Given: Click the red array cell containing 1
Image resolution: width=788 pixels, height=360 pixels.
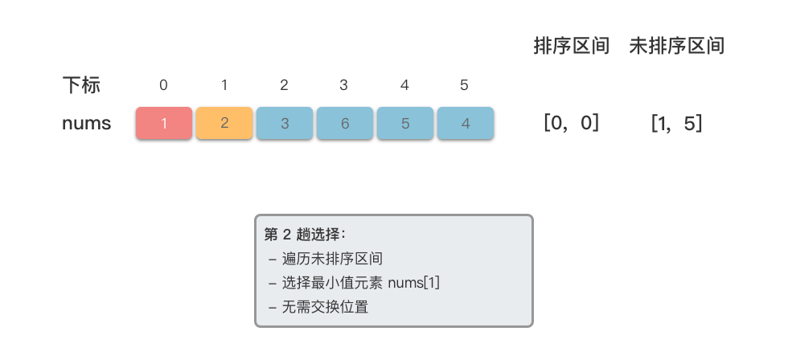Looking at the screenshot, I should point(164,124).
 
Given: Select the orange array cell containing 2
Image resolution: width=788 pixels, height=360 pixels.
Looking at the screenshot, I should point(224,124).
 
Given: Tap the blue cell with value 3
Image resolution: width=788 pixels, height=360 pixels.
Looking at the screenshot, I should point(285,124).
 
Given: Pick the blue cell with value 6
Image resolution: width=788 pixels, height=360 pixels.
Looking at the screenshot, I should point(345,124).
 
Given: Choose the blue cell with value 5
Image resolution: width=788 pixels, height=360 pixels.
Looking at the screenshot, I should point(405,124).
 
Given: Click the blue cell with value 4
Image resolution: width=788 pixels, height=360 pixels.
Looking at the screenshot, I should point(465,124).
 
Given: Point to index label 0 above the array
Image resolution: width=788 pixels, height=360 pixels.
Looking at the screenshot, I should point(164,85).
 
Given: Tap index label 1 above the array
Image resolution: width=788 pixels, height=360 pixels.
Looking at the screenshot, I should point(224,85).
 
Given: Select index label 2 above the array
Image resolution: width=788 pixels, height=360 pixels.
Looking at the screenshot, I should point(285,85).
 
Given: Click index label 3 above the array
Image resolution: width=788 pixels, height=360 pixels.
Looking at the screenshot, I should point(344,85).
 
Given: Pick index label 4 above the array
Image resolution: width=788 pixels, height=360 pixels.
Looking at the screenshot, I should point(404,85).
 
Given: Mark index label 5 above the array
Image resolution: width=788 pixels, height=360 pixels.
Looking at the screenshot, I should point(464,85).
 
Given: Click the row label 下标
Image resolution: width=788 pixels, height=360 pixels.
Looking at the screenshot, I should point(81,84).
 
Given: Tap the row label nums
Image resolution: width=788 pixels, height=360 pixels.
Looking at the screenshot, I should point(86,124).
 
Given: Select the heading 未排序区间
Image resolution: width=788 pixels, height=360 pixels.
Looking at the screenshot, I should point(677,47).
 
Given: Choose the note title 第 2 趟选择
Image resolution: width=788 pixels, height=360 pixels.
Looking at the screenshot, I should point(305,235).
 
